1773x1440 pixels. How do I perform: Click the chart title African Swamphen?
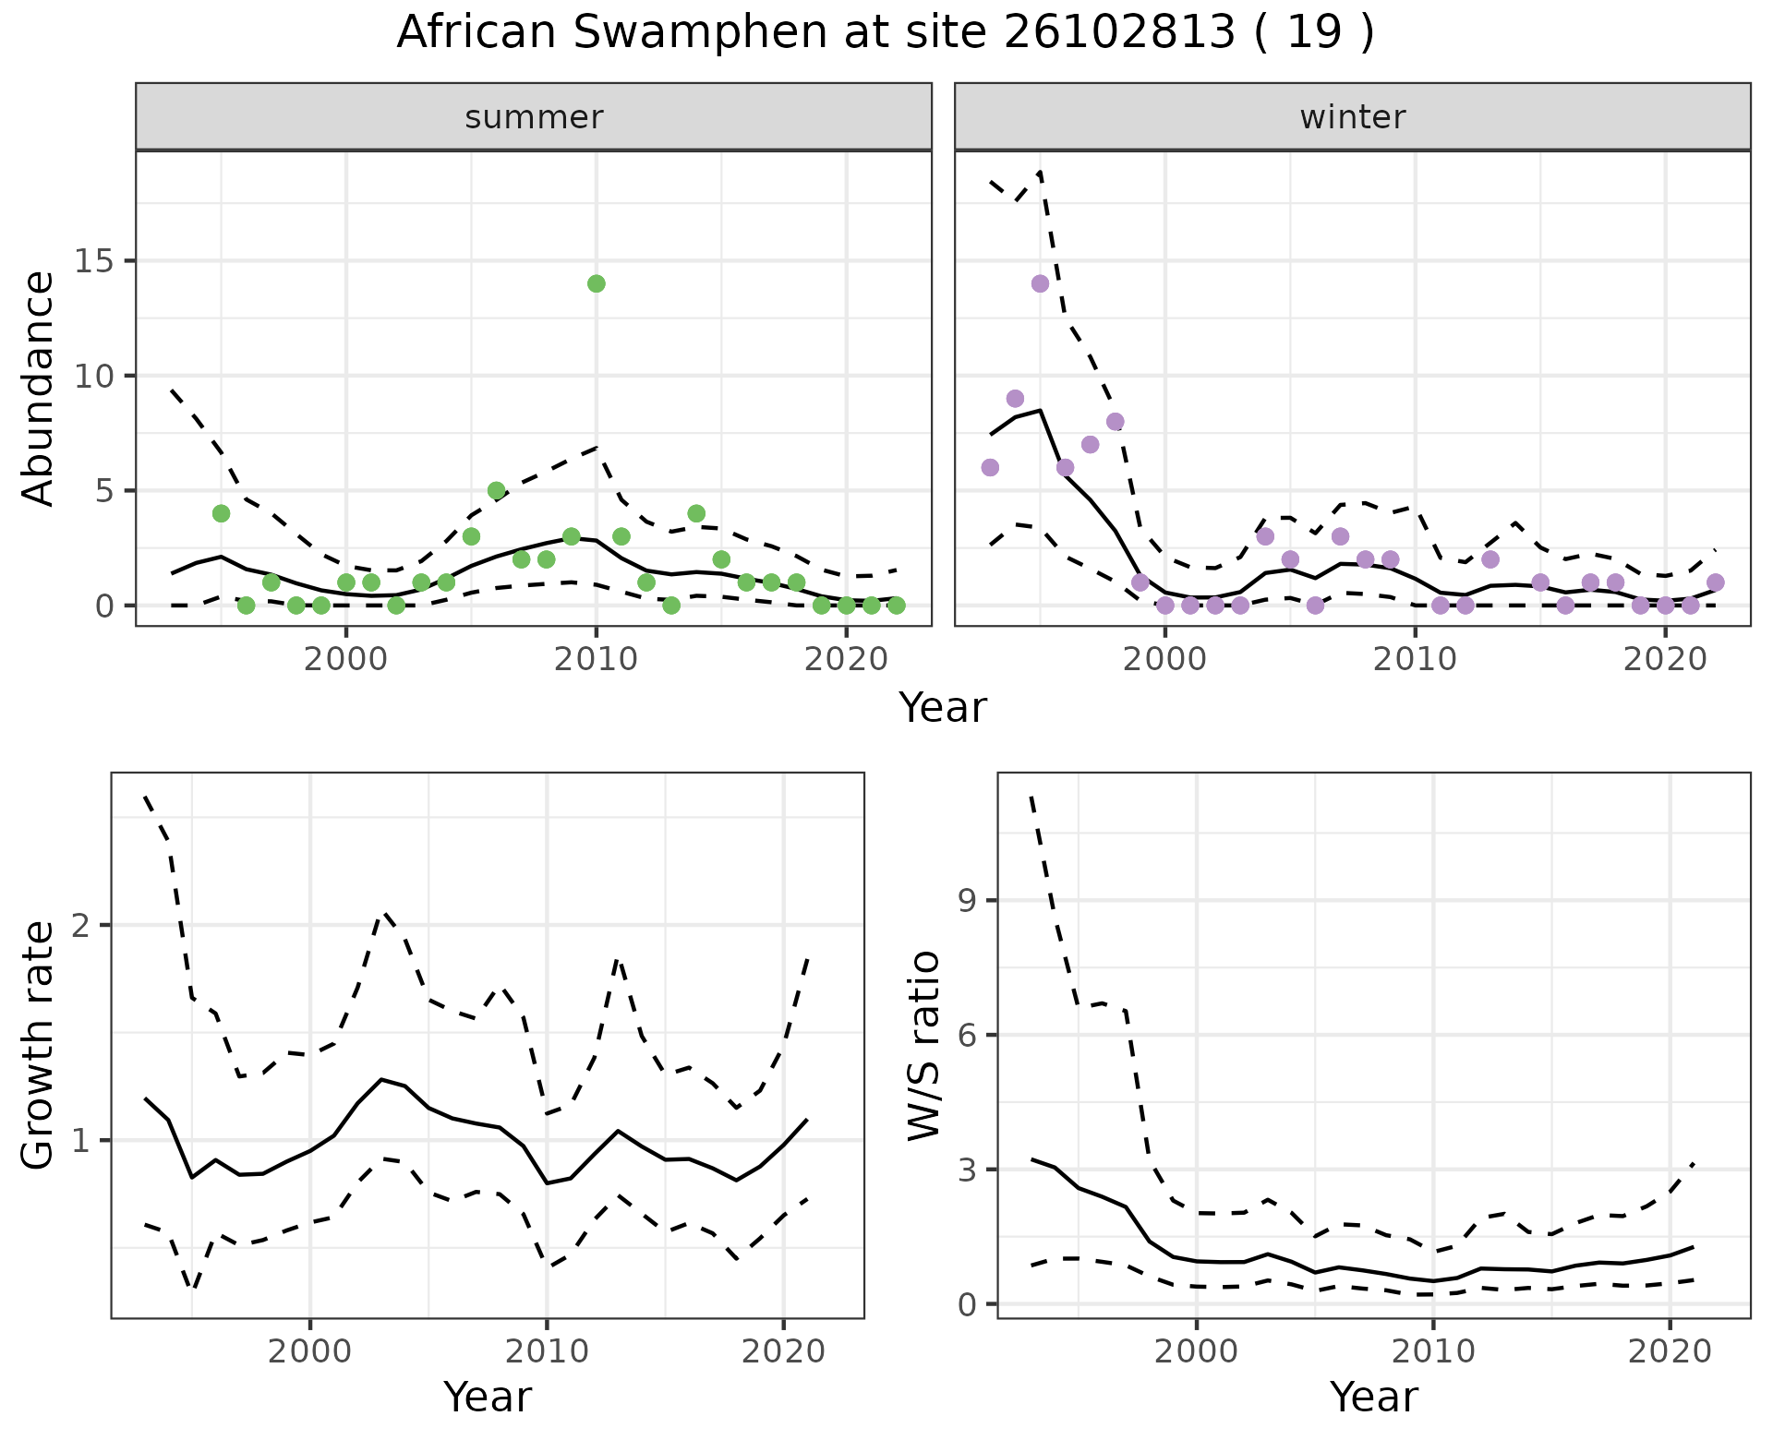click(886, 33)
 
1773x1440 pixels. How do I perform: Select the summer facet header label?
click(534, 117)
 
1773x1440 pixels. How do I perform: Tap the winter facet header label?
click(1352, 117)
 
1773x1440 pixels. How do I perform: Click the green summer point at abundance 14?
click(597, 283)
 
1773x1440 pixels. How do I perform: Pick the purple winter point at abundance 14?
click(1041, 283)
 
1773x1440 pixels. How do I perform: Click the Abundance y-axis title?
click(39, 388)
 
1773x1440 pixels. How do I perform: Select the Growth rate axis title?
click(39, 1046)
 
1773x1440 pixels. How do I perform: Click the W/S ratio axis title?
click(924, 1046)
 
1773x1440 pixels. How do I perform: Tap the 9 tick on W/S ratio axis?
click(968, 901)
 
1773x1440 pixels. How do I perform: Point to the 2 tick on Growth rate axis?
click(81, 926)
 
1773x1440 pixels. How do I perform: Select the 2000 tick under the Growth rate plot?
click(310, 1351)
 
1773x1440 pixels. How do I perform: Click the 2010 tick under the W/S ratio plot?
click(1433, 1351)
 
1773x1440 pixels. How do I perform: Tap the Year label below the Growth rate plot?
click(488, 1398)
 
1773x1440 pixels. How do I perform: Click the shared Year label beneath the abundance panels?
click(943, 708)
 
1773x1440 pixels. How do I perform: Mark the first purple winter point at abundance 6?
click(990, 467)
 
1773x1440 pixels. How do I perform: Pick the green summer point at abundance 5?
click(497, 490)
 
